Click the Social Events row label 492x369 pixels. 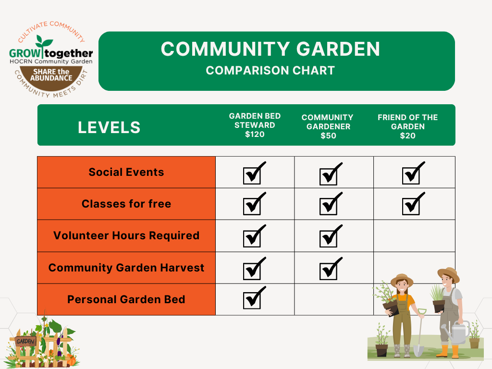pos(126,172)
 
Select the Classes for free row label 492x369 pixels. pos(126,204)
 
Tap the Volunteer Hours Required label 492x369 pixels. pos(126,235)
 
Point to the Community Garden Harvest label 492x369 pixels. pos(126,268)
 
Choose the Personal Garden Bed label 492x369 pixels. pos(126,299)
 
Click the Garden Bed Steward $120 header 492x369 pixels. pos(255,125)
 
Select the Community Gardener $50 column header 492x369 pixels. pos(327,126)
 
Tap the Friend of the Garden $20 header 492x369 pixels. pos(407,126)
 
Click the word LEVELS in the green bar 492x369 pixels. pos(109,127)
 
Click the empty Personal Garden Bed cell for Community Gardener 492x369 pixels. pos(334,299)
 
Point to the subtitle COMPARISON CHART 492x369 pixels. pos(270,70)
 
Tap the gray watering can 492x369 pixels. pos(456,332)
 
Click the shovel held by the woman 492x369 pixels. pos(419,336)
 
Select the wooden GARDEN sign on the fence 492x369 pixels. pos(25,342)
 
